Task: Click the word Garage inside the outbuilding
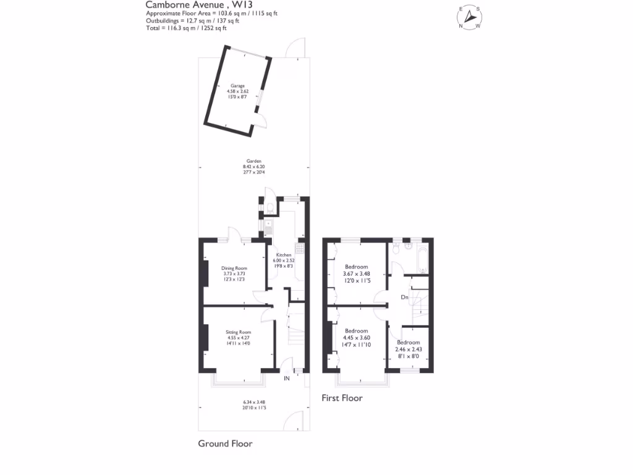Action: (x=237, y=85)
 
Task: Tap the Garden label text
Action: (x=253, y=161)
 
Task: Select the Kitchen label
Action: (x=284, y=255)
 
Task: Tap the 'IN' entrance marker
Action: (x=287, y=378)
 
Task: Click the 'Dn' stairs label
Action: (x=405, y=297)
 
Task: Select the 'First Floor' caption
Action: (x=342, y=398)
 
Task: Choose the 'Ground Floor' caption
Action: (x=225, y=443)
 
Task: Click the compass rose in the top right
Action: (x=470, y=17)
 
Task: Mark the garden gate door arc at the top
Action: (x=295, y=46)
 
